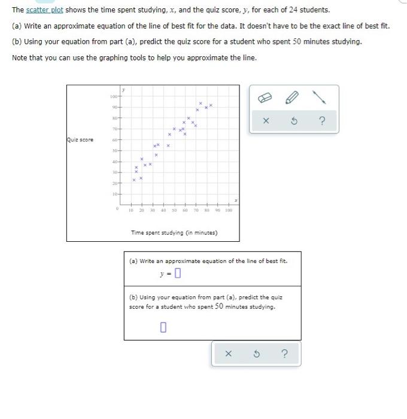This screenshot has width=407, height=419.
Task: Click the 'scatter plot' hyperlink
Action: coord(45,10)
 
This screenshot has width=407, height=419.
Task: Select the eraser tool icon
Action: coord(265,97)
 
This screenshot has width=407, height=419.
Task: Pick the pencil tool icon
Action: coord(293,97)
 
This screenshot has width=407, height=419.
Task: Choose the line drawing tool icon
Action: coord(322,97)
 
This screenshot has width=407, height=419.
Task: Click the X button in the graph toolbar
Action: coord(265,122)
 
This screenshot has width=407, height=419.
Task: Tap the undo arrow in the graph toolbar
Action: coord(294,122)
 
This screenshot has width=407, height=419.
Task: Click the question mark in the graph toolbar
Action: coord(322,122)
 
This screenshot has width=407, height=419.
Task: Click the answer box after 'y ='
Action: coord(178,275)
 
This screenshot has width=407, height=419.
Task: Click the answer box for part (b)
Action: coord(163,327)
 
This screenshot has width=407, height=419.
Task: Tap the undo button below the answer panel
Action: coord(256,354)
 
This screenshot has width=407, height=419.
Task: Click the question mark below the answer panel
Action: coord(284,354)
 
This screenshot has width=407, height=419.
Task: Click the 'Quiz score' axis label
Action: coord(80,141)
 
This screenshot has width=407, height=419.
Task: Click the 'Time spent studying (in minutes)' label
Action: coord(174,232)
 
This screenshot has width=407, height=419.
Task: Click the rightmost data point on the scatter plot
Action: coord(211,106)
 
